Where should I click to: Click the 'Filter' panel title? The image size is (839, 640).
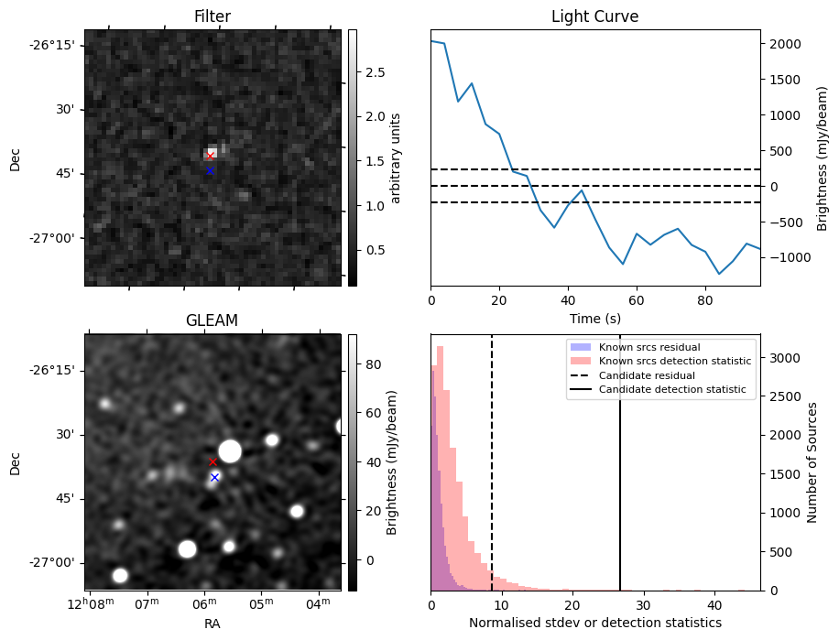[x=212, y=16]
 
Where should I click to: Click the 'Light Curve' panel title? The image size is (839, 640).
[x=594, y=16]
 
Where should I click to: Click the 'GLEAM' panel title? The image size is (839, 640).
[x=212, y=320]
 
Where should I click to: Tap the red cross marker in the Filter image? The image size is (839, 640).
[x=210, y=156]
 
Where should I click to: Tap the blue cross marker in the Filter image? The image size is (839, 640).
[x=210, y=170]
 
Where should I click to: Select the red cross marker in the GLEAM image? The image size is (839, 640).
[x=213, y=462]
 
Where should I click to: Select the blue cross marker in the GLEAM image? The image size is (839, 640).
[x=214, y=477]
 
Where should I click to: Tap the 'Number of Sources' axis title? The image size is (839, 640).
[x=812, y=461]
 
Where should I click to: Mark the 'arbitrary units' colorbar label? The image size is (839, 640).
[x=396, y=157]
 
